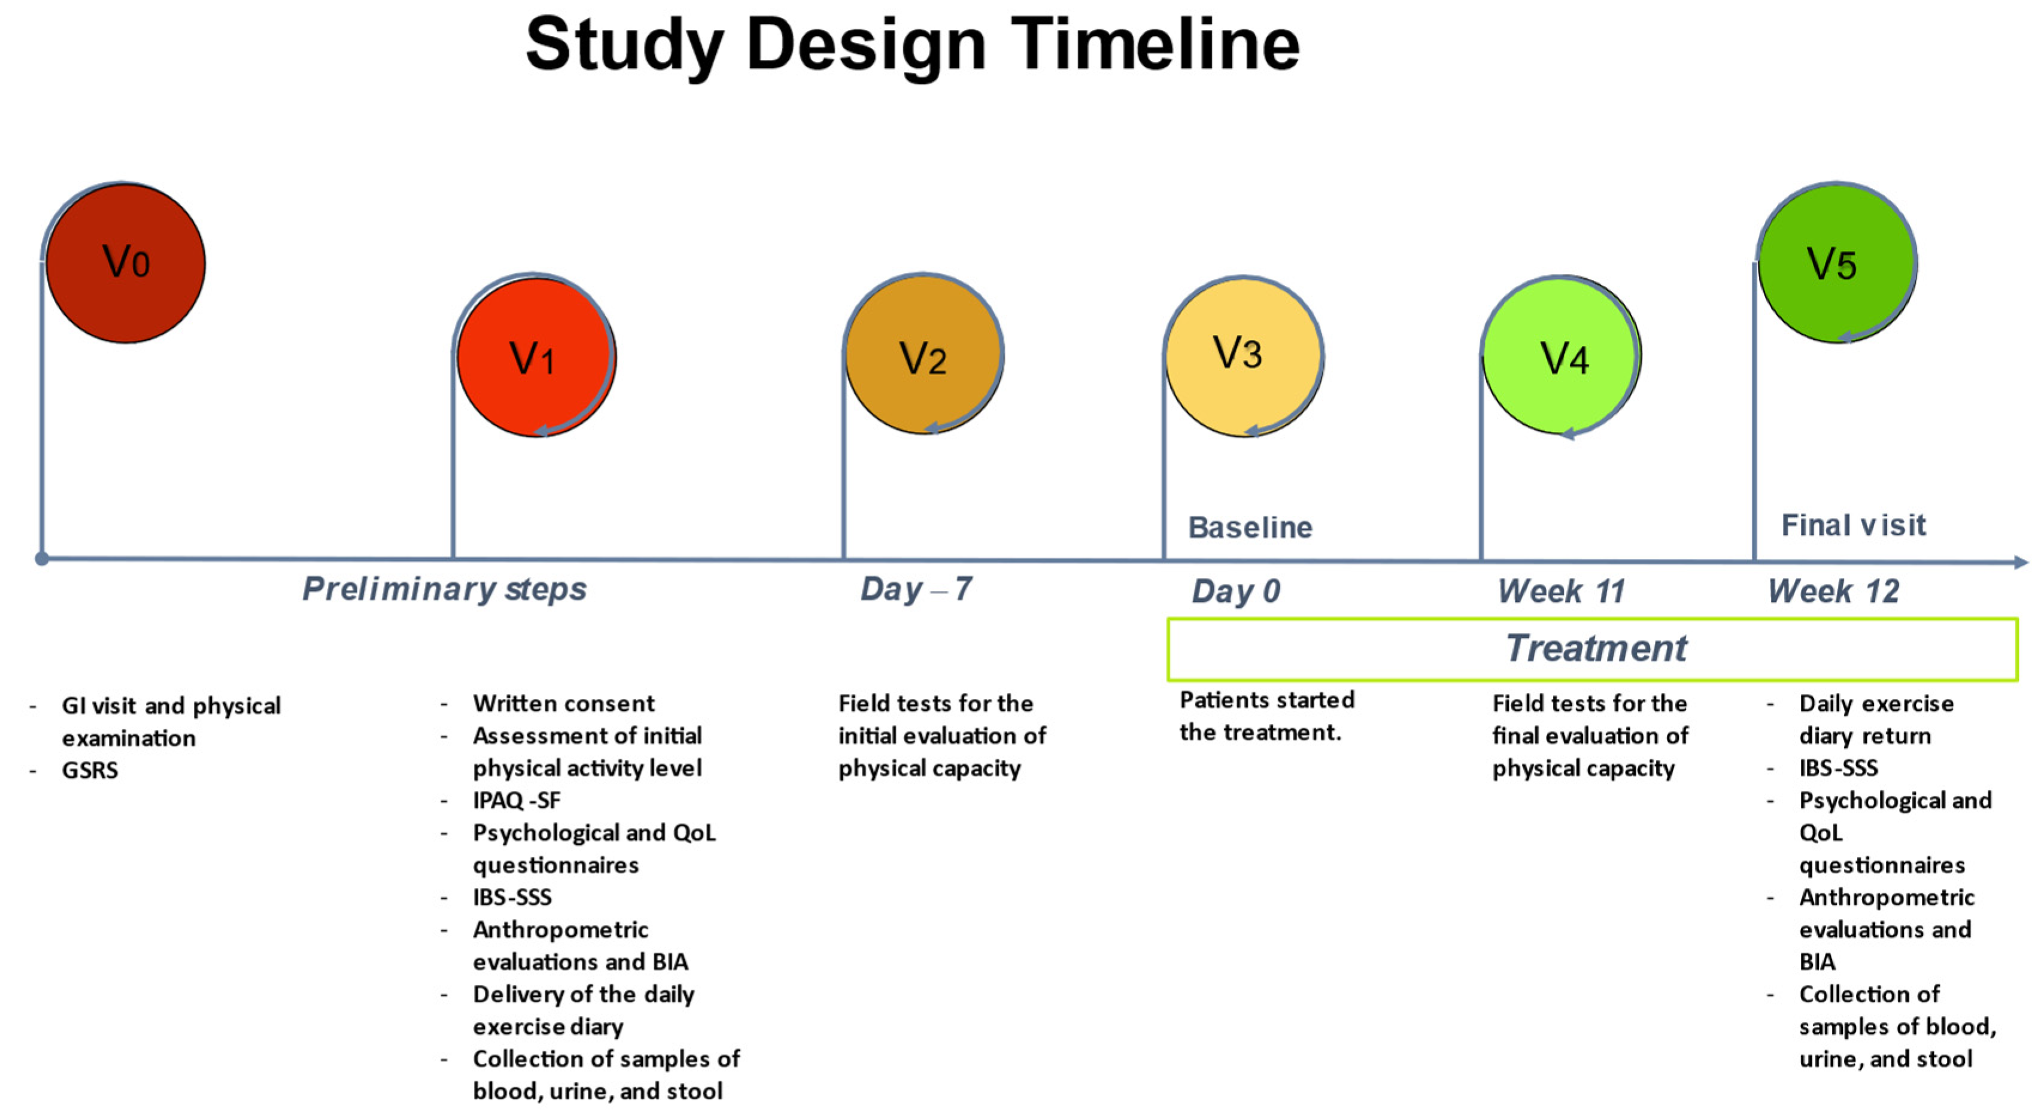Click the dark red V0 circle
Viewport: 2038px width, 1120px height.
tap(125, 263)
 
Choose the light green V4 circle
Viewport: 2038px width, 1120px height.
tap(1562, 356)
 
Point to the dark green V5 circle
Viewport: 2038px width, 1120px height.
tap(1836, 263)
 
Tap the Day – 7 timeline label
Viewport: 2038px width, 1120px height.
tap(915, 589)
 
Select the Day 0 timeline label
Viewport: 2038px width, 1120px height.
tap(1236, 591)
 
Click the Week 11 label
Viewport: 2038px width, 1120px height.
tap(1561, 591)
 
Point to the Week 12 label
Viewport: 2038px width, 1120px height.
tap(1833, 591)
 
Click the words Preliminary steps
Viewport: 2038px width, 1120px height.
tap(445, 589)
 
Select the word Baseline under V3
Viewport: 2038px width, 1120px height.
tap(1250, 528)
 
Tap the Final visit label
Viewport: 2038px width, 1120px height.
tap(1853, 525)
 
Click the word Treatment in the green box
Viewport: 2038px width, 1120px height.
tap(1596, 649)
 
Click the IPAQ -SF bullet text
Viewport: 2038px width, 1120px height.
tap(517, 801)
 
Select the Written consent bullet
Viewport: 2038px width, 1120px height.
tap(563, 703)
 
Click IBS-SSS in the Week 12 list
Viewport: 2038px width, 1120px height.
tap(1838, 768)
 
